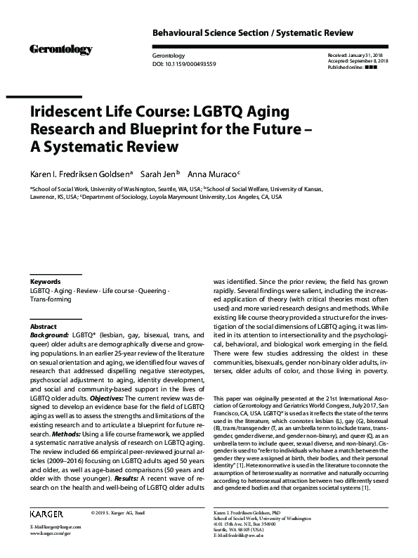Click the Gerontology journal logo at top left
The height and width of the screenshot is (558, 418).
pyautogui.click(x=60, y=49)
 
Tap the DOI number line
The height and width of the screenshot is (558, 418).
pyautogui.click(x=184, y=63)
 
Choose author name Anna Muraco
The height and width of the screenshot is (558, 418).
pyautogui.click(x=218, y=174)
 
